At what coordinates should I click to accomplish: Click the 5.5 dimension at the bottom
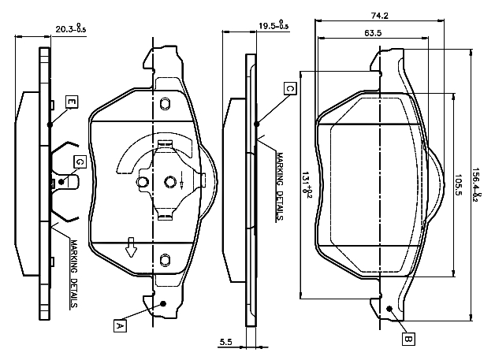(225, 342)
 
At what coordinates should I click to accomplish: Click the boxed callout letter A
(120, 324)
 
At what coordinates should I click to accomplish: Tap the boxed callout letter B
(408, 340)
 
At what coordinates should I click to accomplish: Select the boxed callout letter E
(71, 102)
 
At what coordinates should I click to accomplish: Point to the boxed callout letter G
(79, 162)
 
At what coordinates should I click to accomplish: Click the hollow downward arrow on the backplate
(132, 250)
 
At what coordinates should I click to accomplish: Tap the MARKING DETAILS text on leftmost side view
(73, 273)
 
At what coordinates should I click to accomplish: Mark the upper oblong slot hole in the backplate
(165, 105)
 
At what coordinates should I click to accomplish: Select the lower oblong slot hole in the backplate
(165, 259)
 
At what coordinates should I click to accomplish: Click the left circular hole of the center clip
(143, 183)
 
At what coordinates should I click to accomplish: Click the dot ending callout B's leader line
(389, 308)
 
